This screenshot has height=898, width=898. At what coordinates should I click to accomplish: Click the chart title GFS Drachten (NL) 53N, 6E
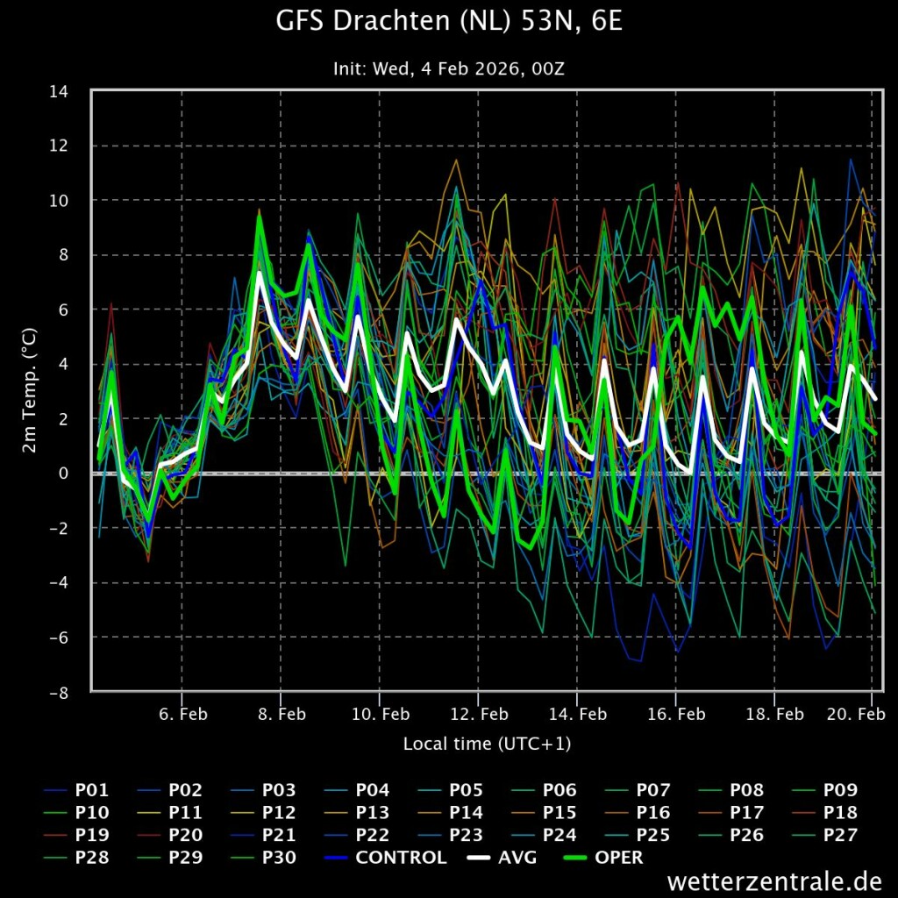pos(449,21)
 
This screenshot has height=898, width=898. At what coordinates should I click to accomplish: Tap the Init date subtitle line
pos(449,68)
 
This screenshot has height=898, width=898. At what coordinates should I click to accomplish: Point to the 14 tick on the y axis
pos(59,91)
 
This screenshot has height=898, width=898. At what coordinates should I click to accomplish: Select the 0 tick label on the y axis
pos(63,474)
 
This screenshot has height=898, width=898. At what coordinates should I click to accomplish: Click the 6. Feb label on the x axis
pos(183,714)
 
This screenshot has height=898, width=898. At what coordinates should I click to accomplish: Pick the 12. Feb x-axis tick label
pos(480,714)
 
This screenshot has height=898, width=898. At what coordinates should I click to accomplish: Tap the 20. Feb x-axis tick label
pos(857,714)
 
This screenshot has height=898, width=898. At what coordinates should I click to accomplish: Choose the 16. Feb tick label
pos(676,714)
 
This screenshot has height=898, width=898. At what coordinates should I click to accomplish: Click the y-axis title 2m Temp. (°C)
pos(29,390)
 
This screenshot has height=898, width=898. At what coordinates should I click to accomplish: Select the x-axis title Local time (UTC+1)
pos(487,744)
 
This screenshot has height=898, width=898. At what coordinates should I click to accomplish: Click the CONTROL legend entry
pos(386,858)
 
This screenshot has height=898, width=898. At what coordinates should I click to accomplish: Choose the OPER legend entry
pos(603,858)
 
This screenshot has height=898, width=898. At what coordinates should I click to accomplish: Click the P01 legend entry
pos(76,790)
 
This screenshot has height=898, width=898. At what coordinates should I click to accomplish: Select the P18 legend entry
pos(824,813)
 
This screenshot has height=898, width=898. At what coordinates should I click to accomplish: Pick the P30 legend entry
pos(263,858)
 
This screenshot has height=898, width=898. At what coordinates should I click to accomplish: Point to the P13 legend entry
pos(357,813)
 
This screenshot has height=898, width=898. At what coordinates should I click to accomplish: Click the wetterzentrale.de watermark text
pos(774,880)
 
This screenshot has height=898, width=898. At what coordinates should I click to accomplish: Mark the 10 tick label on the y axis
pos(59,201)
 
